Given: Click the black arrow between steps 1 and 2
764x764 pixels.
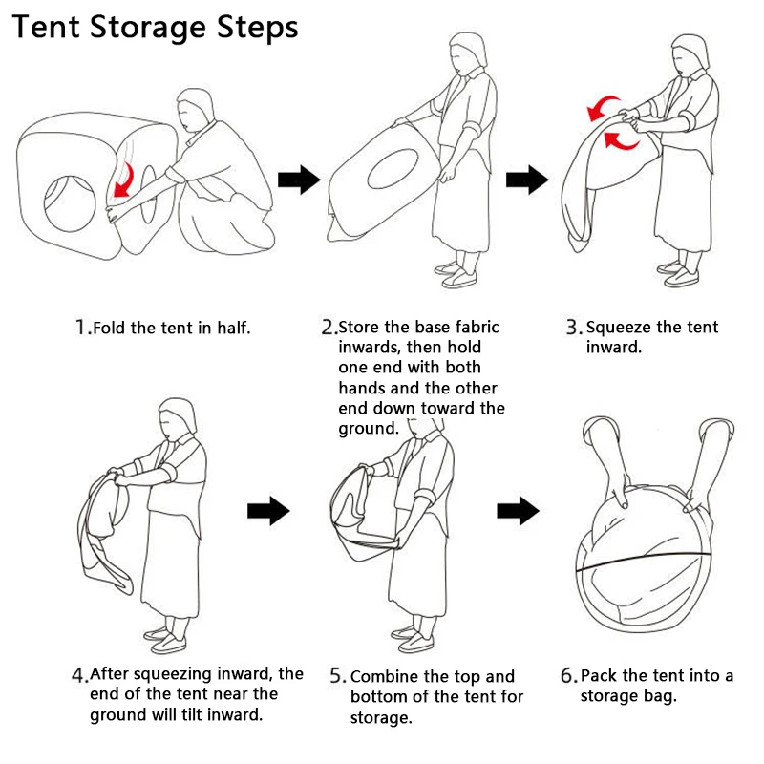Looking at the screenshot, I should coord(298,179).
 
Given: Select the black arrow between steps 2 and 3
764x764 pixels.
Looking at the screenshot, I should coord(526,179).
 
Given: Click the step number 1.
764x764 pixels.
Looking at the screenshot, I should coord(80,328).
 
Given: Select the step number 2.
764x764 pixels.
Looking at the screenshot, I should coord(328,328).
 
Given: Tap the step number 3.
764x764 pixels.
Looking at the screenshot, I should coord(573,328).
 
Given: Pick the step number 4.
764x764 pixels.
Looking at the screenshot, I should coord(79,675).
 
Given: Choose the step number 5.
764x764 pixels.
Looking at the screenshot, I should coord(338,676).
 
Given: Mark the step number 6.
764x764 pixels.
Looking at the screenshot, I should coord(568,676).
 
